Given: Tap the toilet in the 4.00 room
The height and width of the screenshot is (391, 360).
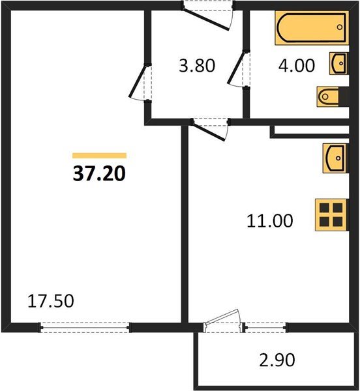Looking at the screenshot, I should (x=327, y=96).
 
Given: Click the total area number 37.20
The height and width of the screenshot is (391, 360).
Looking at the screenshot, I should (x=98, y=173).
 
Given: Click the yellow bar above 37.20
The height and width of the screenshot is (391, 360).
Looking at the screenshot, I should (x=99, y=156).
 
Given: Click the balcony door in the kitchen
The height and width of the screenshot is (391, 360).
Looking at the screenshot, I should (x=222, y=322).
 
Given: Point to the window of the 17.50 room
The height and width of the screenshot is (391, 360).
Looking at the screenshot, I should (x=85, y=327).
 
